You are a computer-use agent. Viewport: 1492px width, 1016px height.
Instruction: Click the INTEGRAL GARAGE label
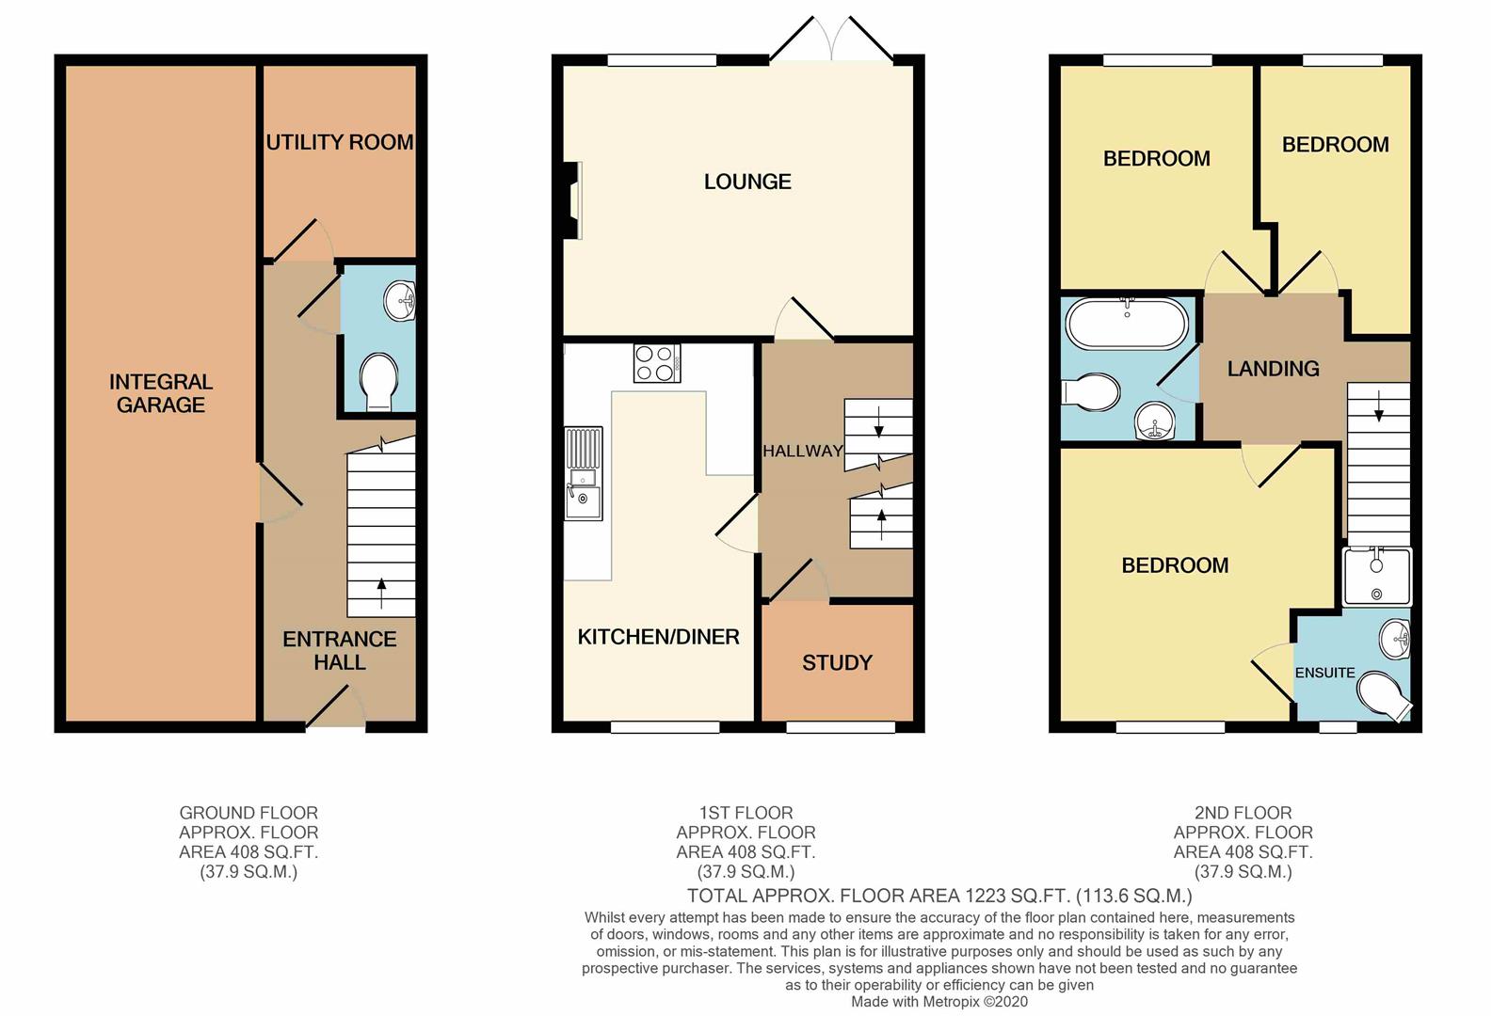coord(161,393)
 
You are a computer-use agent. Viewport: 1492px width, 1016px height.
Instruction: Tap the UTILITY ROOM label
coord(339,142)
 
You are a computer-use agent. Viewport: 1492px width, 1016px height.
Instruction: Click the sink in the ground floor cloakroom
coord(399,301)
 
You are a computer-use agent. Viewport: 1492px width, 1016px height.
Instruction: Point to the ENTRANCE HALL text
coord(339,650)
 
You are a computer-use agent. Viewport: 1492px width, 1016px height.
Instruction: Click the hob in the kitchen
coord(657,363)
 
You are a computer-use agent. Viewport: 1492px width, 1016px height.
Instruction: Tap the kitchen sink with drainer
coord(583,473)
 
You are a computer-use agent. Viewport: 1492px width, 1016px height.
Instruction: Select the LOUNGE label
coord(747,182)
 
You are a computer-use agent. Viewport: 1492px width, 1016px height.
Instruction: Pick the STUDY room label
coord(837,663)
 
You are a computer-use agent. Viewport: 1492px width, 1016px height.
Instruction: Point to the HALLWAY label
coord(802,452)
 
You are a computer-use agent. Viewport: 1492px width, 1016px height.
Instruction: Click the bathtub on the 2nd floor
coord(1127,324)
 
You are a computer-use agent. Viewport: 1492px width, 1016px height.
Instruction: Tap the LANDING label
coord(1273,369)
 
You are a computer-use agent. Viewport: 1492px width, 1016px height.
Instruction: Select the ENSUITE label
coord(1324,673)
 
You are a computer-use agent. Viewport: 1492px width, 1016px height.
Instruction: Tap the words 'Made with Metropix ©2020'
coord(939,1003)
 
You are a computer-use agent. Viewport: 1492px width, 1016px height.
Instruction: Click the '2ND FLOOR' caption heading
coord(1243,813)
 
